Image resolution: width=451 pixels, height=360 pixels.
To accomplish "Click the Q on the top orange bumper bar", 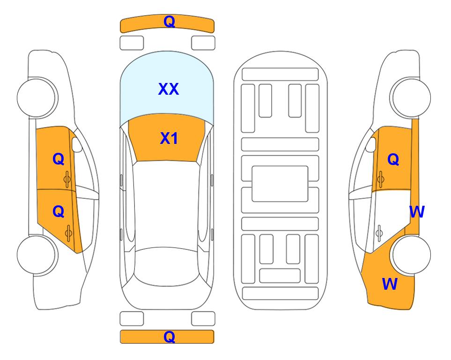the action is coord(169,22).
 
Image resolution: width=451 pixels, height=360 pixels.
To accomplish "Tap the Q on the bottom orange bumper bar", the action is coord(169,337).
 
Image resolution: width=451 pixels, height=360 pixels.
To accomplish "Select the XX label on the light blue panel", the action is coord(169,89).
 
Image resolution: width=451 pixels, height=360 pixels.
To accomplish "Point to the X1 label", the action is coord(169,138).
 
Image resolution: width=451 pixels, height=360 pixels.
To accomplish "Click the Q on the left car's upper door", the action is coord(59,159).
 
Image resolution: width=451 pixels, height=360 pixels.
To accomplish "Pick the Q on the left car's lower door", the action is coord(59,212).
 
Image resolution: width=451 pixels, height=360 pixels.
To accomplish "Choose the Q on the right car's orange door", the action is coord(393,159).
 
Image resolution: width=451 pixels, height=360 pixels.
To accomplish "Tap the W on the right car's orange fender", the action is coord(390,284).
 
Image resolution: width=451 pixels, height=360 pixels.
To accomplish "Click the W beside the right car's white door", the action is coord(417,212).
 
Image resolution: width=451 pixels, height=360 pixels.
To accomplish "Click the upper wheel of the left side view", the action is coord(37,97).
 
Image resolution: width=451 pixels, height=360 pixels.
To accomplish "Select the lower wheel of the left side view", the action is coord(37,255).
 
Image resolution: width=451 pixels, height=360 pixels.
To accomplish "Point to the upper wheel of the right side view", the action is coord(410,97).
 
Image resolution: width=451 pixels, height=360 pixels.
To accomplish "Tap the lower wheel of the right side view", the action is coord(410,255).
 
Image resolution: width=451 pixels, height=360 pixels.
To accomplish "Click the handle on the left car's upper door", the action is coord(67,180).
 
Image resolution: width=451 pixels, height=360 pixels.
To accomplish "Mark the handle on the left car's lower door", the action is coord(68,233).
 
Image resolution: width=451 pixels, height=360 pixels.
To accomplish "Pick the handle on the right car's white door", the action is coord(379,233).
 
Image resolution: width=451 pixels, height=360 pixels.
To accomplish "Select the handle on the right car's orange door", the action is coord(380,180).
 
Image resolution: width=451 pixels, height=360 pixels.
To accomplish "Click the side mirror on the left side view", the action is coord(77,144).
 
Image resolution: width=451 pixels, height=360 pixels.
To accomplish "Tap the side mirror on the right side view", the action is coord(371,144).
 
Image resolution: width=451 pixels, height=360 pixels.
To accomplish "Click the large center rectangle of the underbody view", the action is coord(280,184).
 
